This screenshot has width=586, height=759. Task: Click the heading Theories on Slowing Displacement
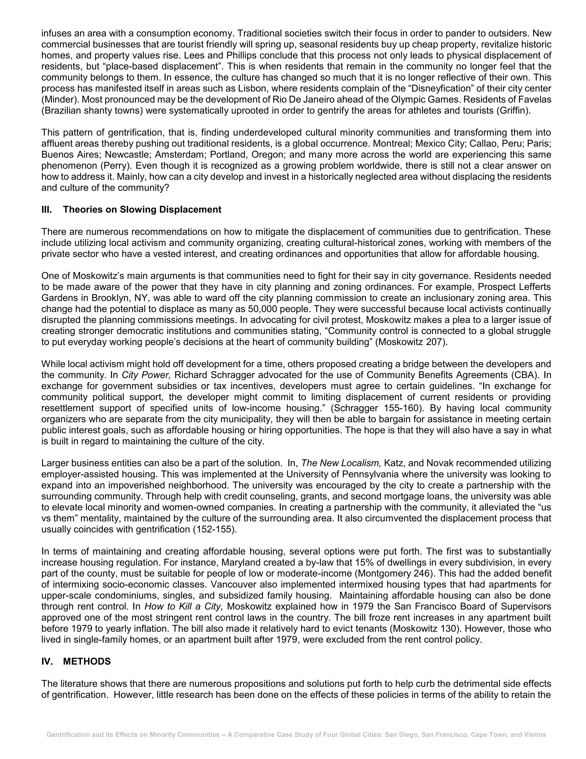142,210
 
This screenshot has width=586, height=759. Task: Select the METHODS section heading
87,661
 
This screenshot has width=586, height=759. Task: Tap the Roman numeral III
47,210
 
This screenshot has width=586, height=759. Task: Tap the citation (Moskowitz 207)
411,342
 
